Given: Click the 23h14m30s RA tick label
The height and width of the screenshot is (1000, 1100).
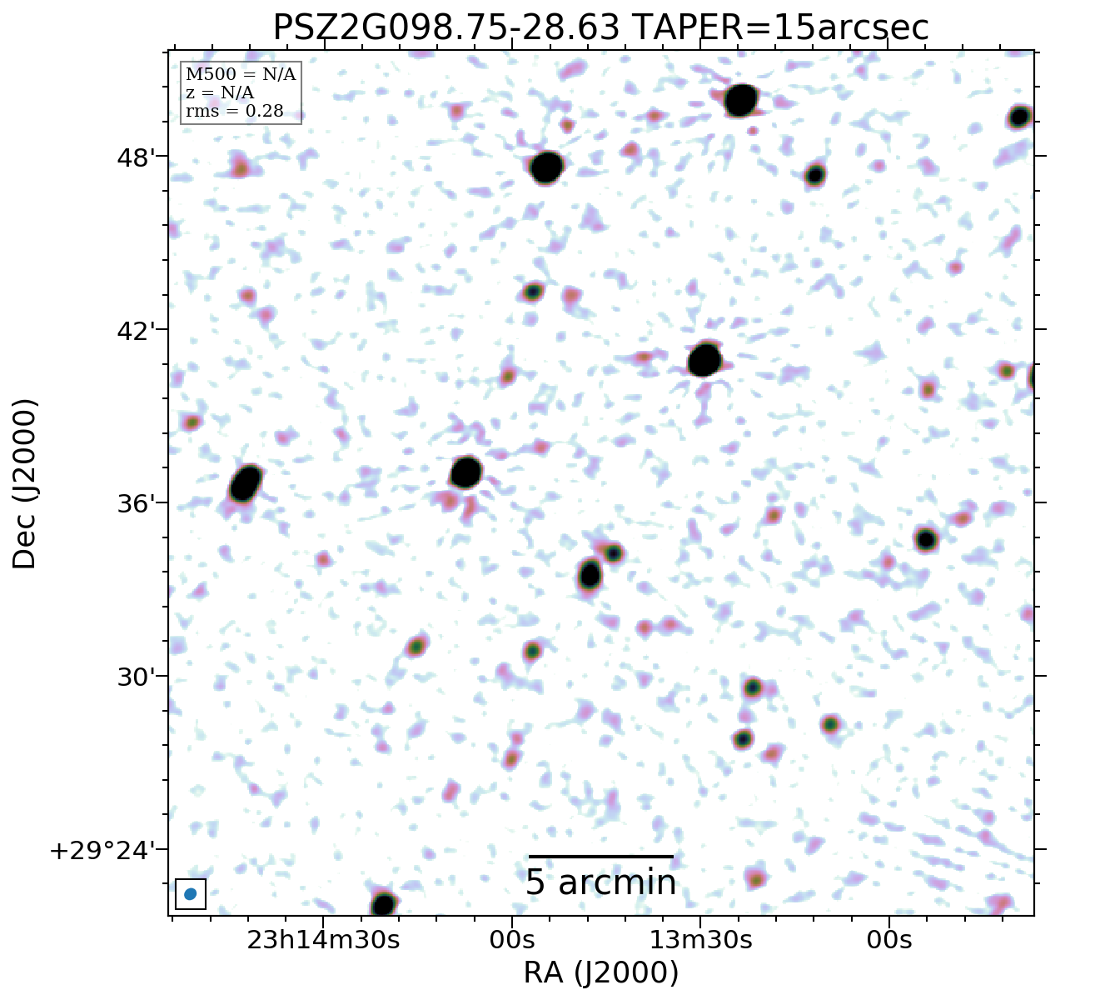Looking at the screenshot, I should [324, 940].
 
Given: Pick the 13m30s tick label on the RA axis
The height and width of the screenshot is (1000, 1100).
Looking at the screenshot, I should [700, 940].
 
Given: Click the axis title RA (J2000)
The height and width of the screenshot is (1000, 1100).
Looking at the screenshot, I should [600, 972].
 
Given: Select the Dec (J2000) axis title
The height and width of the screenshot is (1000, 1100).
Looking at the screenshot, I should [25, 484].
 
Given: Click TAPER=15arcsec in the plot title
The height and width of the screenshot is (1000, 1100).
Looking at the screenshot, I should [779, 28].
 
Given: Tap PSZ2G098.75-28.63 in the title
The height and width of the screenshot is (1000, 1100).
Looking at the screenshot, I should [446, 28].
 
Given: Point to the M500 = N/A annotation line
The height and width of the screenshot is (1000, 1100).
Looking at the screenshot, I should [241, 75].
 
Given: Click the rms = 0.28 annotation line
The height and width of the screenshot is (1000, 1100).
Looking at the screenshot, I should [234, 111].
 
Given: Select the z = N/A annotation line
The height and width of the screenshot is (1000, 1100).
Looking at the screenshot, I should [220, 93].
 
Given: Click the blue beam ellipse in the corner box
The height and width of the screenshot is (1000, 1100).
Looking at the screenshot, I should [191, 894].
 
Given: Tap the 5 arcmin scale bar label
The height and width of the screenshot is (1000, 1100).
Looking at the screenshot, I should [600, 883].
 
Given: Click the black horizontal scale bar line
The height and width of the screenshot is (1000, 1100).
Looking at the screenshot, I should [600, 856].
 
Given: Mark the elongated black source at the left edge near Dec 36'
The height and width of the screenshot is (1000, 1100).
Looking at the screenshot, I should [246, 483].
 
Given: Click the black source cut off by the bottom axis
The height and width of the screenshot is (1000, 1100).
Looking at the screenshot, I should [383, 904].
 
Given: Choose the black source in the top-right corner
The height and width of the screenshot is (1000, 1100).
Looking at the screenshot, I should [1019, 117].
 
